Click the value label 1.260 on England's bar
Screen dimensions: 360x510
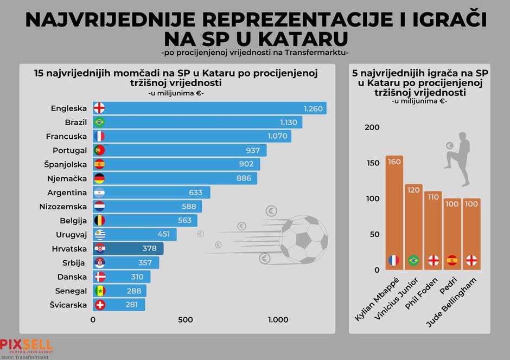point(313,108)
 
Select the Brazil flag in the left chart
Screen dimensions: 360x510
point(99,123)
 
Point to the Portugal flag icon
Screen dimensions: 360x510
point(99,150)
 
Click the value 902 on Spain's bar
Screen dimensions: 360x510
point(246,164)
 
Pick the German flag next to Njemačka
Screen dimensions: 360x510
point(99,178)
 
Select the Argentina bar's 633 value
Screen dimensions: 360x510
point(195,192)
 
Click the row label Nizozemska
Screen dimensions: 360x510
point(63,207)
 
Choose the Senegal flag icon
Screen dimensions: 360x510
point(99,291)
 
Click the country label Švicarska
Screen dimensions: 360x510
point(68,305)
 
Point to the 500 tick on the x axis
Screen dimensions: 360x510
point(186,320)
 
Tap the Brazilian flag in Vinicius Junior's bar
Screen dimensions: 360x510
point(413,260)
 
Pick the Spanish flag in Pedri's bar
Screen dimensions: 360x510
point(452,260)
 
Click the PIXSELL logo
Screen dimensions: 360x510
point(26,345)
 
